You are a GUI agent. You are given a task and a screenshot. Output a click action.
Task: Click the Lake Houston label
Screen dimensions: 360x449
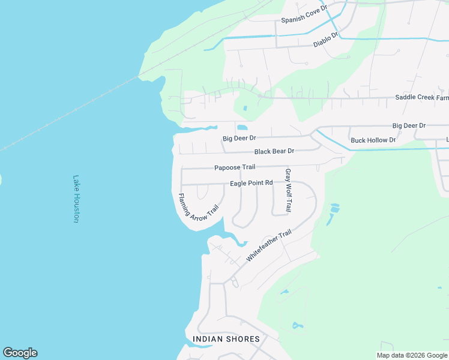[x=76, y=199]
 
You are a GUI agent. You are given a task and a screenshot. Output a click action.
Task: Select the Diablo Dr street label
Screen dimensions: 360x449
[x=326, y=40]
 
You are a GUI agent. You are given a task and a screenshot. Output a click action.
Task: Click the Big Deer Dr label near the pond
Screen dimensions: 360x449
[x=240, y=139]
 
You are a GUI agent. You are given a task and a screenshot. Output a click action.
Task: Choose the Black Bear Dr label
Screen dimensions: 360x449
[x=274, y=152]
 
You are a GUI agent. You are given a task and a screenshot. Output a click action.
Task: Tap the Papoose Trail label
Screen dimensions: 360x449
[x=235, y=167]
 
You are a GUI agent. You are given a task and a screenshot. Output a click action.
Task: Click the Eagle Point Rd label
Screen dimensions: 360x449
[x=251, y=183]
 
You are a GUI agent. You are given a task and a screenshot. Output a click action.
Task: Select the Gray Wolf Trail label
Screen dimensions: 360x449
[x=288, y=190]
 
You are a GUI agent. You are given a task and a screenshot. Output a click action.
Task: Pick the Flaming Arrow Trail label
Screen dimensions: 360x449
[x=198, y=210]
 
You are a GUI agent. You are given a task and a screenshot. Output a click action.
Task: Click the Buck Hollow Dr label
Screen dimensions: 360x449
[x=373, y=140]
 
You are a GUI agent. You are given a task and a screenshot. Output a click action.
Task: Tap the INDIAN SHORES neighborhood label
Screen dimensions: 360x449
[x=226, y=339]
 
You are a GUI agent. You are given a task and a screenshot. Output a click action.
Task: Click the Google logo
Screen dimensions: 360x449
[x=20, y=353]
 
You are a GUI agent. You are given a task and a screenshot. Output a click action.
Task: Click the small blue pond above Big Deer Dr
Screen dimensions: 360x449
[x=242, y=127]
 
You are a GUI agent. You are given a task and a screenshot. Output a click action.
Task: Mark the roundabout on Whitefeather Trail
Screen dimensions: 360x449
[x=233, y=281]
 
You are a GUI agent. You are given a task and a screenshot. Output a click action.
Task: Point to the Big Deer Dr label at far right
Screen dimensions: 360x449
[x=409, y=126]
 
